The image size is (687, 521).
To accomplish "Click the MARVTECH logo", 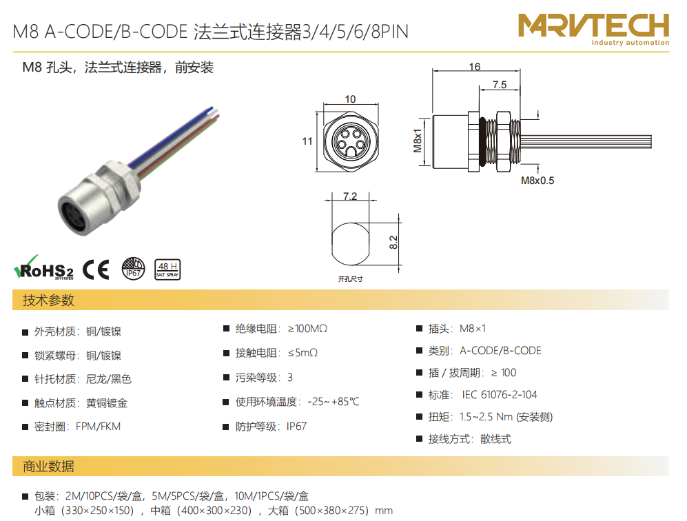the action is (594, 29).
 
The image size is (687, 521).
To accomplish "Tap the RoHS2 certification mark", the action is (44, 267).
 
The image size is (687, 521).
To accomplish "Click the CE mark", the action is (96, 269).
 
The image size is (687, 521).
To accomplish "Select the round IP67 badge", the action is (133, 269).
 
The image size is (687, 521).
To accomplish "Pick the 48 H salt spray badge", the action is (168, 269).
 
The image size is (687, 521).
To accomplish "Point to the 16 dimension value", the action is (475, 67).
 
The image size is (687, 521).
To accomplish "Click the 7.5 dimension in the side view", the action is (500, 85).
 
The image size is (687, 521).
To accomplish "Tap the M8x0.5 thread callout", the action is (537, 181).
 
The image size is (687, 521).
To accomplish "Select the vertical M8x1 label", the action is (418, 141).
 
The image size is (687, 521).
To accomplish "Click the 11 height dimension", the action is (307, 141).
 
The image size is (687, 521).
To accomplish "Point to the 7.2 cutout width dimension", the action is (350, 196).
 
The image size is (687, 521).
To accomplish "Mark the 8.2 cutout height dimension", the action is (393, 243).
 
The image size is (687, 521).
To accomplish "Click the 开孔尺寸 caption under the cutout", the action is (351, 278).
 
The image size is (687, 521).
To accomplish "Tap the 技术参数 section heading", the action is (48, 300).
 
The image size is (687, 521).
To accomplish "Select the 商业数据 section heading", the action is (48, 467).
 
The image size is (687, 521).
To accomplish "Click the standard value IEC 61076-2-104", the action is (500, 395).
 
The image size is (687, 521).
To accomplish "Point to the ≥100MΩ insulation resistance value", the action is (307, 329).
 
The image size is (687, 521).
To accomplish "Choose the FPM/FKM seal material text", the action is (98, 427).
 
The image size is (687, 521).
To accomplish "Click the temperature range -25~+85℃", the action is (334, 401).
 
